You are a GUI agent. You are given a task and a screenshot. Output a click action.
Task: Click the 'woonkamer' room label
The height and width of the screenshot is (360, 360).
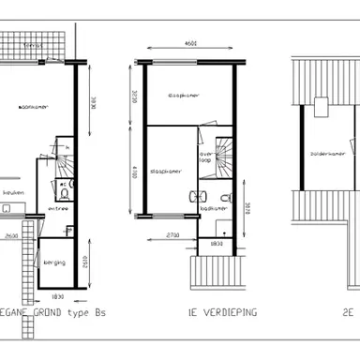[x=34, y=108]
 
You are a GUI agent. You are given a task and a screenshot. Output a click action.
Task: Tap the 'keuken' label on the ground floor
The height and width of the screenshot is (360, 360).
[x=13, y=191]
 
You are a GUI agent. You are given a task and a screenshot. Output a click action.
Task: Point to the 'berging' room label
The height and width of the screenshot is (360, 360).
[x=54, y=262]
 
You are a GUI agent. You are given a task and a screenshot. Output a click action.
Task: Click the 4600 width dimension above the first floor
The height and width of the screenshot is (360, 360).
[x=189, y=43]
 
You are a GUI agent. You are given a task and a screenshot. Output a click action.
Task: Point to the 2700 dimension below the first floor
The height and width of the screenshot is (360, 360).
[x=172, y=233]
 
